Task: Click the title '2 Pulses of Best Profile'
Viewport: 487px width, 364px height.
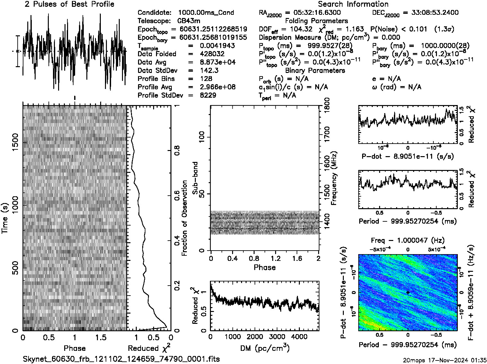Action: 69,4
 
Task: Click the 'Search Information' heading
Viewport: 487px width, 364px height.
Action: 353,4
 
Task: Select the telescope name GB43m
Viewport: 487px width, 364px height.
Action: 189,21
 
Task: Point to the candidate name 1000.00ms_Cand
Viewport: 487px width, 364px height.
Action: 206,13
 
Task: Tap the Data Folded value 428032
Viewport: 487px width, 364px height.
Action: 212,54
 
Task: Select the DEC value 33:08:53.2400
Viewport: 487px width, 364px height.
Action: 430,13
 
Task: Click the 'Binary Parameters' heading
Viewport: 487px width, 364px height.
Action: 315,71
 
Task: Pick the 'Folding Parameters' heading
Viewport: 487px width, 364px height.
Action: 316,21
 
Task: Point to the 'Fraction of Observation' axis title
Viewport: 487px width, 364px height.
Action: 185,218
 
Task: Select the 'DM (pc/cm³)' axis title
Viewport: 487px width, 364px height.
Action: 265,348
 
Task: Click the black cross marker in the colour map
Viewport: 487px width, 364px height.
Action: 408,292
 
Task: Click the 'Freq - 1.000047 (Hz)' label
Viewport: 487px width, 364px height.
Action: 408,240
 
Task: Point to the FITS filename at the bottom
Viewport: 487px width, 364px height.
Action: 121,359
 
